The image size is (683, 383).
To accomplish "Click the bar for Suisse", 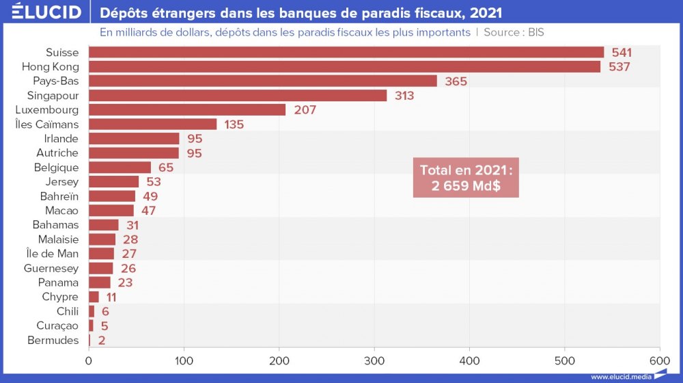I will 346,52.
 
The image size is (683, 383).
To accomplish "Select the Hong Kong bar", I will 344,66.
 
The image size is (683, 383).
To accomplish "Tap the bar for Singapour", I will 238,95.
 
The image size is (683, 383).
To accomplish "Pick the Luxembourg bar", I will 187,109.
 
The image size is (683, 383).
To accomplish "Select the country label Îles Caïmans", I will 47,124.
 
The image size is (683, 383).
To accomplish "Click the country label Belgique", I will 56,168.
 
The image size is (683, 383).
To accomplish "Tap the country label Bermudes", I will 53,340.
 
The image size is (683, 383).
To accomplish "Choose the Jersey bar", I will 113,182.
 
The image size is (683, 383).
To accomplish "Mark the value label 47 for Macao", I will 148,211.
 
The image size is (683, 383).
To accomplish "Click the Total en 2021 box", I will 466,179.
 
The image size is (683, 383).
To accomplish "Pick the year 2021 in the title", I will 486,13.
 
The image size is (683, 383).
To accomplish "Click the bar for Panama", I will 100,282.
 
